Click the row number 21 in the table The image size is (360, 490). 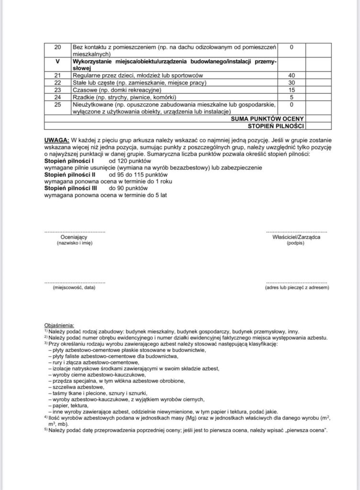coord(58,76)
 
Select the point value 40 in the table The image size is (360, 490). coord(291,76)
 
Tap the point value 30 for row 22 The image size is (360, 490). coord(291,83)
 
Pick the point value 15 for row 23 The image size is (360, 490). coord(291,90)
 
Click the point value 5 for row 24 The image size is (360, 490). coord(291,97)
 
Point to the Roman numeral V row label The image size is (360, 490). coord(58,62)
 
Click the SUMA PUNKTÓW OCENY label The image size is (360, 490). coord(267,119)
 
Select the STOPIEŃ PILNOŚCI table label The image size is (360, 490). coord(275,126)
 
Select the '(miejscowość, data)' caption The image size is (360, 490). coord(74,288)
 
